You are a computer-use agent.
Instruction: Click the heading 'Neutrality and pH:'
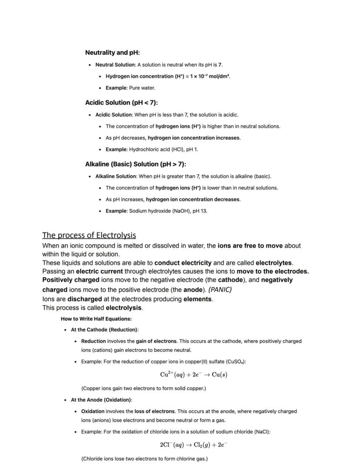(112, 53)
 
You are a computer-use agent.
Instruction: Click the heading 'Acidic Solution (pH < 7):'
(121, 103)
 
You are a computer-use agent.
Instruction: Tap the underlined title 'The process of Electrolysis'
(89, 235)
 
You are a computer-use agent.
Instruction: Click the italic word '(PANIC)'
(220, 289)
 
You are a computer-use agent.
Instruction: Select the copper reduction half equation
(193, 375)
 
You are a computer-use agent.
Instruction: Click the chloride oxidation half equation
(193, 445)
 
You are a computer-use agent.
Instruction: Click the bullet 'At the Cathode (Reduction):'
(104, 330)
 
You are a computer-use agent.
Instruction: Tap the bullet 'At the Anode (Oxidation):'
(101, 400)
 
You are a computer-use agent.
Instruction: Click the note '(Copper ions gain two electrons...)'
(143, 388)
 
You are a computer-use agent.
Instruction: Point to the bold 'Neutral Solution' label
(115, 65)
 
